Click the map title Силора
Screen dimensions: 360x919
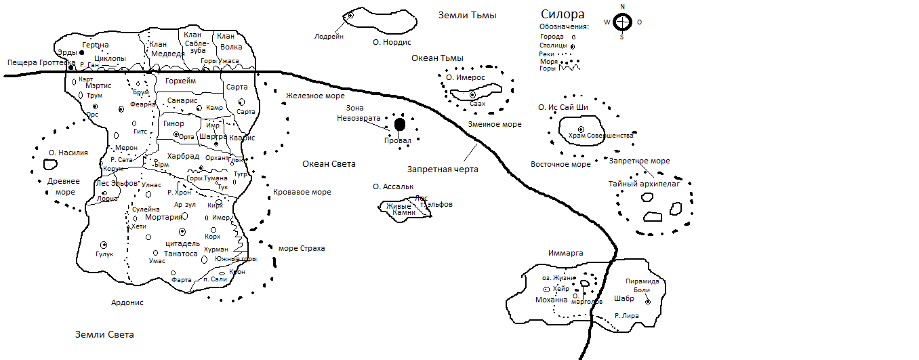[562, 15]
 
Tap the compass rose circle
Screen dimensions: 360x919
[622, 22]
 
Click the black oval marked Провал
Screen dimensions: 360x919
[400, 124]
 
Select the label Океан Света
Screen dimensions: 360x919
[329, 164]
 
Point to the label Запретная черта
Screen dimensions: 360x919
[443, 169]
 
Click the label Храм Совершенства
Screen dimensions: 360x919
[601, 136]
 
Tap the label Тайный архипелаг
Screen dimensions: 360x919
[644, 183]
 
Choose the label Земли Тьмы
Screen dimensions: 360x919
[468, 15]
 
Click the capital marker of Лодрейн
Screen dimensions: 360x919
[351, 15]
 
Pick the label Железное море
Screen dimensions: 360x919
[315, 96]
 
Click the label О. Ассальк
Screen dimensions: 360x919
[393, 186]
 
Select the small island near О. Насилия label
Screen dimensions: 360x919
[49, 164]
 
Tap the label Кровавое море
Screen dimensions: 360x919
[302, 193]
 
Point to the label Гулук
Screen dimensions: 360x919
[104, 254]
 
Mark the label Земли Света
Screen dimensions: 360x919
[104, 335]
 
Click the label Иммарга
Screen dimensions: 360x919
[565, 254]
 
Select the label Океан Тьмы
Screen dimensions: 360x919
[437, 58]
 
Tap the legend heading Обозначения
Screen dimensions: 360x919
[559, 26]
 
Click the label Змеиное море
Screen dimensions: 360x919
[495, 125]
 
